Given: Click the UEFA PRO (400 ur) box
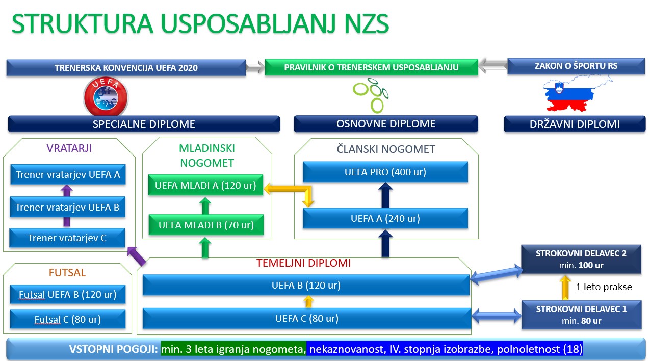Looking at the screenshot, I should point(385,172).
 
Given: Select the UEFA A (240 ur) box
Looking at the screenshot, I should point(385,219).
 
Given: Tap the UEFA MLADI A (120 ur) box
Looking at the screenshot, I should point(205,185).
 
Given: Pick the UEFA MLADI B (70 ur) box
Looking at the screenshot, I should point(205,225).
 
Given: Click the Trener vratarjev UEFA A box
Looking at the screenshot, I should point(68,175).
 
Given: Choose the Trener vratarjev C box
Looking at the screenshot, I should point(68,238).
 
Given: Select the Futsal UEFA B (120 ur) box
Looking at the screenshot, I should point(68,294).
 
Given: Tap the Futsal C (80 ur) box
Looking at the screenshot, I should point(68,320).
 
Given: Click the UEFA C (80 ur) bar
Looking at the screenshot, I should point(306,319).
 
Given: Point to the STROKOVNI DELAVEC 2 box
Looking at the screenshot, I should point(581,259).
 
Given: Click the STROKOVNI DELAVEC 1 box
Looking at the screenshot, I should point(581,315).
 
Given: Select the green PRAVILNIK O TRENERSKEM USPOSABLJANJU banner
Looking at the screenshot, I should point(371,67).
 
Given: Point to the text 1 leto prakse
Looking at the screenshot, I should point(604,287).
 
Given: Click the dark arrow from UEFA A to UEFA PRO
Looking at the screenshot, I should point(385,195).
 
